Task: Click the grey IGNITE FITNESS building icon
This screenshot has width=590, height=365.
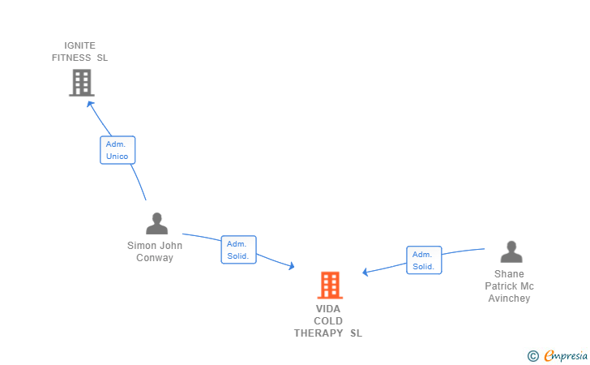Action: (x=81, y=82)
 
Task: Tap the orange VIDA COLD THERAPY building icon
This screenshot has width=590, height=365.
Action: (x=329, y=285)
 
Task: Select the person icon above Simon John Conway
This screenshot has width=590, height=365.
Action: (x=156, y=223)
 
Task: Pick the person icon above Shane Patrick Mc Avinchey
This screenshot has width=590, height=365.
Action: (x=511, y=252)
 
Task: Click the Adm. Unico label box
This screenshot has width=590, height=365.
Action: (x=118, y=150)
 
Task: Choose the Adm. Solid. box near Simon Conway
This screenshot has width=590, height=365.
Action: (x=238, y=250)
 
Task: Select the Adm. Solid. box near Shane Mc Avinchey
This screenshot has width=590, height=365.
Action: (x=424, y=260)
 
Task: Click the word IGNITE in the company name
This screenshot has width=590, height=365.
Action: (x=79, y=45)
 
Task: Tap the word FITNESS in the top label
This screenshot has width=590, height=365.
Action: (x=71, y=58)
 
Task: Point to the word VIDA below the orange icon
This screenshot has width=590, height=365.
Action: (x=328, y=309)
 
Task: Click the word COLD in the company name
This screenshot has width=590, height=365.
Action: (x=328, y=321)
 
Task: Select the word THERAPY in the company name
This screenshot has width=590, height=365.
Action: (x=319, y=333)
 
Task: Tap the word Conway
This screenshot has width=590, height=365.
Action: (x=155, y=258)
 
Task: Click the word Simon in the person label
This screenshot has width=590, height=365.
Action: (x=142, y=246)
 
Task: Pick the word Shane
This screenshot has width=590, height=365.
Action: (x=509, y=274)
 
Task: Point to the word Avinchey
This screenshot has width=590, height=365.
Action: (x=509, y=298)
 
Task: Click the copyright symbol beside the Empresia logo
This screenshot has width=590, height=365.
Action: (x=532, y=355)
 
